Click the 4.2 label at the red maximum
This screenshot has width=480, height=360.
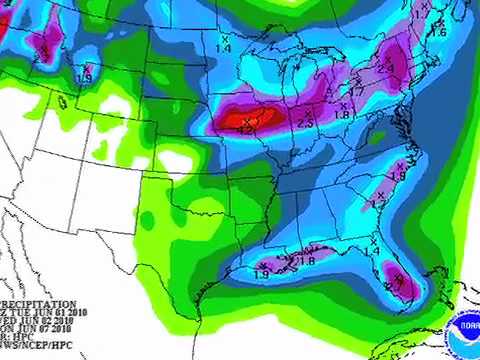[x=244, y=129]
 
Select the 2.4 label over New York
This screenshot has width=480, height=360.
[x=385, y=68]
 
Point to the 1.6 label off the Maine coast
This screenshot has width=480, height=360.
[x=438, y=33]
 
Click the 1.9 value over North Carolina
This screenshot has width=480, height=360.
[x=397, y=176]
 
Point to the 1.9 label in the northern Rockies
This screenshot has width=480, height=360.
[x=85, y=77]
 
